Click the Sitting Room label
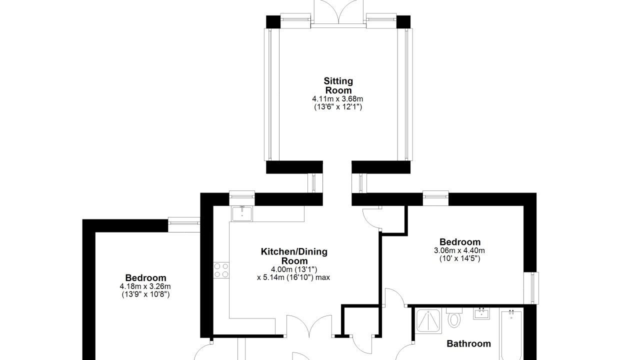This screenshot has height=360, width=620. click(x=338, y=85)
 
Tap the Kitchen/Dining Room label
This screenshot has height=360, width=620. click(x=294, y=256)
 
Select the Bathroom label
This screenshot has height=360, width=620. click(x=468, y=343)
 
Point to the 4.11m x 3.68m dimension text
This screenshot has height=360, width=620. click(x=337, y=99)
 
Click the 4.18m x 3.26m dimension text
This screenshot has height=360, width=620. click(x=145, y=286)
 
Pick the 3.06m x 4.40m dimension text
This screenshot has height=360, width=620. click(x=459, y=250)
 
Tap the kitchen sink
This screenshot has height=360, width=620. click(x=242, y=214)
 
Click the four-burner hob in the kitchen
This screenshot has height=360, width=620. click(x=221, y=270)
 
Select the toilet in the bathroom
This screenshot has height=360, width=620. click(x=454, y=317)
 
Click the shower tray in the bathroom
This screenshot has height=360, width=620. click(x=428, y=320)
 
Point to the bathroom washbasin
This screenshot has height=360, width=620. click(x=481, y=314)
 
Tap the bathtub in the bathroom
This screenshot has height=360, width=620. click(x=511, y=335)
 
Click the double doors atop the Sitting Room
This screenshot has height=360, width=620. click(x=338, y=13)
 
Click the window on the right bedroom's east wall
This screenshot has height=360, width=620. click(x=531, y=288)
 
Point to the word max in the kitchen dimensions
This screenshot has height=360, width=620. click(x=322, y=277)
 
